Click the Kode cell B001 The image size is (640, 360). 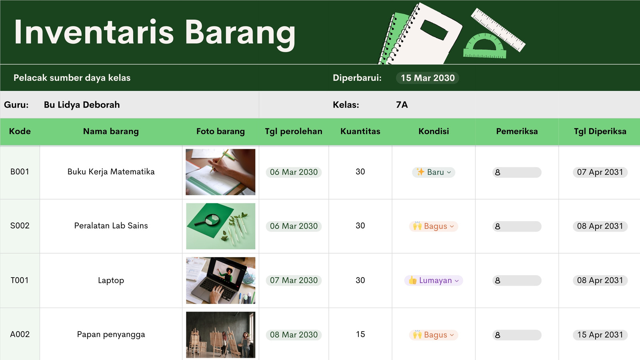pos(20,172)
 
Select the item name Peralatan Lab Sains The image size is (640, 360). pos(111,226)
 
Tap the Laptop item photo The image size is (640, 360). pos(220,280)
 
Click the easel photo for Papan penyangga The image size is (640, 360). pos(220,334)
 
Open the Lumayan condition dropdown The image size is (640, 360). pos(434,280)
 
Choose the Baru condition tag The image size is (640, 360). pos(434,172)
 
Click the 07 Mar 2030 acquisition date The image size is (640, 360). pos(294,280)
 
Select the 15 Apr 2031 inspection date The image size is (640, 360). pos(600,335)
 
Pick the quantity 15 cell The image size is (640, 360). pos(360,334)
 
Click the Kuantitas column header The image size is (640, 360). pos(360,131)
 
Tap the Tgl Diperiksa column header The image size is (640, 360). pos(600,131)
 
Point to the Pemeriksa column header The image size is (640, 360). pos(517,131)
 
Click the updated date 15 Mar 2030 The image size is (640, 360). pos(428,78)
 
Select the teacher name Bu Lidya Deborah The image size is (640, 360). pos(82,105)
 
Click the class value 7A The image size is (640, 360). pos(402,105)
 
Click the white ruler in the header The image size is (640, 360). pos(498,30)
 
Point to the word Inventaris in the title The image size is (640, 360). pos(94,32)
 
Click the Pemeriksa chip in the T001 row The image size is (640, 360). pos(517,280)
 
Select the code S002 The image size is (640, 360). pos(20,226)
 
